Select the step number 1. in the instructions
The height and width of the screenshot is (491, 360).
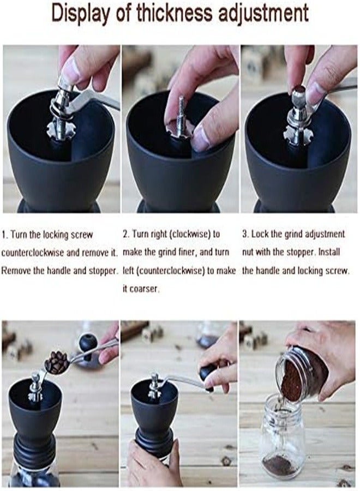click(5, 235)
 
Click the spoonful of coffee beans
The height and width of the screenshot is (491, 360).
click(57, 362)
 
